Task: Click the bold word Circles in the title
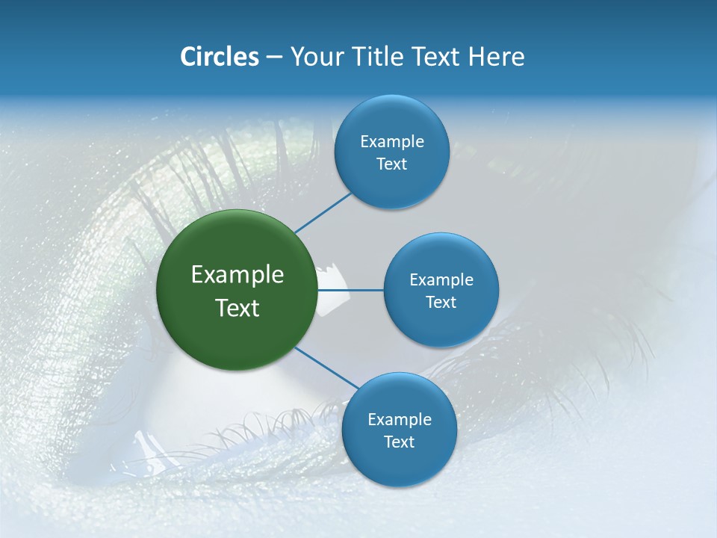220,57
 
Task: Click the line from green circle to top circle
323,212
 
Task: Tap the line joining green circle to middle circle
350,289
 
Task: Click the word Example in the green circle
238,275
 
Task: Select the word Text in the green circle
238,308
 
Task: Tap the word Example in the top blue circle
392,141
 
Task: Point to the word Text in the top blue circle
391,164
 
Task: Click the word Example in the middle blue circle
441,279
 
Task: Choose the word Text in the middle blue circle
441,302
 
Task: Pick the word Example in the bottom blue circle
400,419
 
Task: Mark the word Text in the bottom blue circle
399,442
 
